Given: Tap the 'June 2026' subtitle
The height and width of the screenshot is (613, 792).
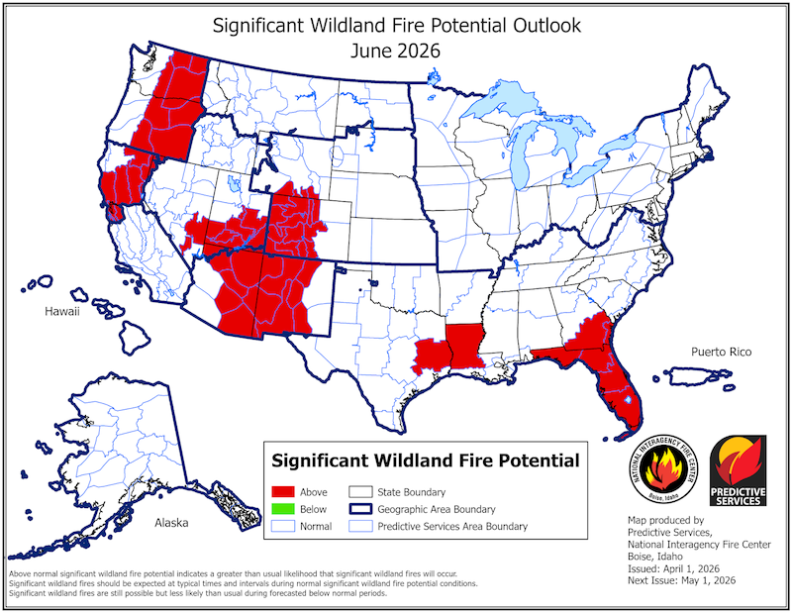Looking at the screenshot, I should coord(395,46).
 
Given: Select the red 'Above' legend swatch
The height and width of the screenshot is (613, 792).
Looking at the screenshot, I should coord(287,492).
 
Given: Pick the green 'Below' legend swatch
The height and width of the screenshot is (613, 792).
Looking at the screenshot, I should coord(287,510).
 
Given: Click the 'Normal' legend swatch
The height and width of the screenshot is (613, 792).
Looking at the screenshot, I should coord(287,528).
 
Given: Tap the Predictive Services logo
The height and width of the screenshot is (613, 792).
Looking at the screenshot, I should coord(738,470).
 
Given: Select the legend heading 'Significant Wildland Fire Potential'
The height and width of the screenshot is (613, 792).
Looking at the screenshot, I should coord(426,460).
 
